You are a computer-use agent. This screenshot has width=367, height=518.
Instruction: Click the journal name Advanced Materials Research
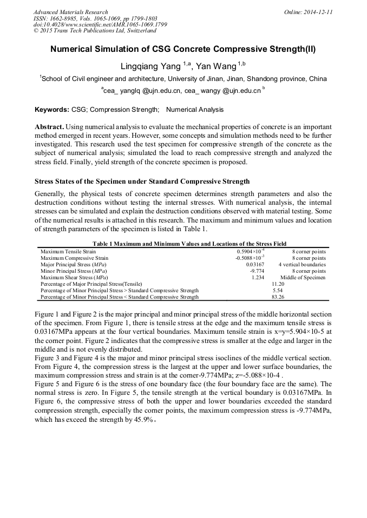click(x=70, y=12)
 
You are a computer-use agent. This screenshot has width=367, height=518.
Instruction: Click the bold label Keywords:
click(x=51, y=110)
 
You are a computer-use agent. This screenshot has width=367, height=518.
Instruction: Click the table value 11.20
click(x=278, y=284)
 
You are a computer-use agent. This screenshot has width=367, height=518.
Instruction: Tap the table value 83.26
click(x=278, y=297)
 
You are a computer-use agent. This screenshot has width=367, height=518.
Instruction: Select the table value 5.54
click(x=278, y=290)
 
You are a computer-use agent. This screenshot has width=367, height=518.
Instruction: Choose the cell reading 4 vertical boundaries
click(x=302, y=265)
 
